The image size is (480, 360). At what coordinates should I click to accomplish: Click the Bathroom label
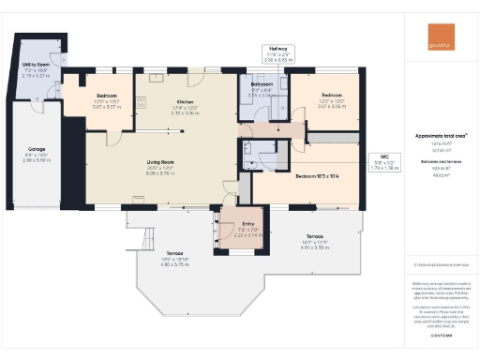point(262,85)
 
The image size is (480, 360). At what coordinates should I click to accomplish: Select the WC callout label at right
point(384,157)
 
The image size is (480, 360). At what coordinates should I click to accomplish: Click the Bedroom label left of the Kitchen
point(108,96)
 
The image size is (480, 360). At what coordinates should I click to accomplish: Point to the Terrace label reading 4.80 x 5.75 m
point(174,254)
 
